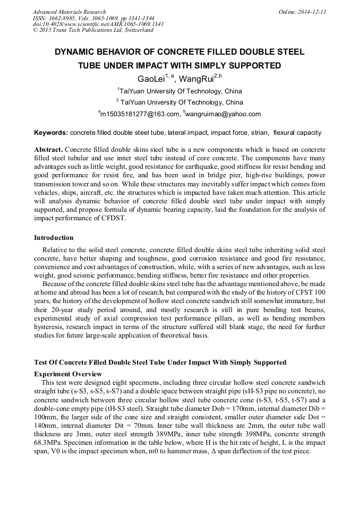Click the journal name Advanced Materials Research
tap(69, 12)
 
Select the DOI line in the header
tap(98, 24)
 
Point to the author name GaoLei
tap(151, 79)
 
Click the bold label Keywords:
tap(51, 132)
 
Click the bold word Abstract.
tap(48, 149)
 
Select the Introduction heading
tap(54, 237)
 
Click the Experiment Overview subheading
tap(67, 374)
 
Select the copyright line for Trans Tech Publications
tap(93, 30)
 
